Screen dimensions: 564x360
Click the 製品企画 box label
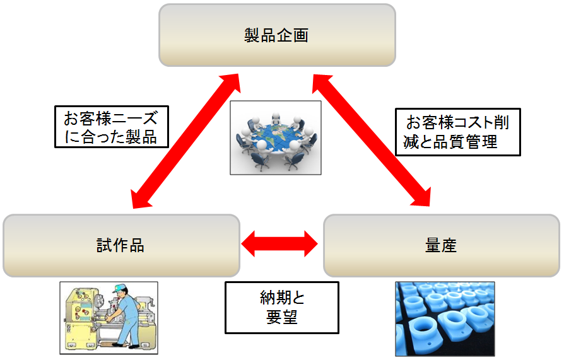pyautogui.click(x=276, y=35)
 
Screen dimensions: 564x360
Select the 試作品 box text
pyautogui.click(x=120, y=245)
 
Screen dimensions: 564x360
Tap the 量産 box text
pyautogui.click(x=441, y=245)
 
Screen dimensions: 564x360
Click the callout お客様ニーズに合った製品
pyautogui.click(x=112, y=127)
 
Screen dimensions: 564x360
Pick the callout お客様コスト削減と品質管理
pyautogui.click(x=458, y=132)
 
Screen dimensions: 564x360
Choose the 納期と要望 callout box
pyautogui.click(x=282, y=308)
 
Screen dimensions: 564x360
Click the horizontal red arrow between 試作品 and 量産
pyautogui.click(x=279, y=244)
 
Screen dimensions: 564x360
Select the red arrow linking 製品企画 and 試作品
pyautogui.click(x=185, y=141)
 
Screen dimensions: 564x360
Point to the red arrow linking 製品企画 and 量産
pyautogui.click(x=372, y=140)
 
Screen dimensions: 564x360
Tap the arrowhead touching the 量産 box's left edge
pyautogui.click(x=311, y=244)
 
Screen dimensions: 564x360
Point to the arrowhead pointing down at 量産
pyautogui.click(x=422, y=197)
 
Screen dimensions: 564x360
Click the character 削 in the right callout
pyautogui.click(x=502, y=122)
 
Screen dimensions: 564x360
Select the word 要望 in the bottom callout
pyautogui.click(x=282, y=317)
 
